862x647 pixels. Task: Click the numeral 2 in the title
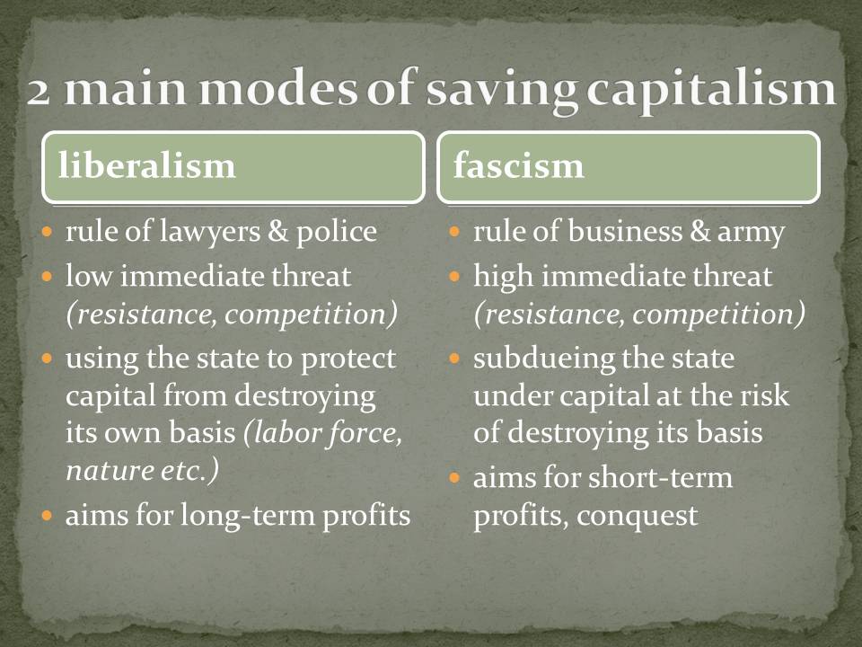[39, 92]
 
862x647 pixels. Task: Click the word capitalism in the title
[711, 90]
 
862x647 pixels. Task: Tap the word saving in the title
[501, 90]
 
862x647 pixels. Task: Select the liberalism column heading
[146, 165]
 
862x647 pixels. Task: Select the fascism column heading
[518, 165]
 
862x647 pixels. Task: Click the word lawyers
[209, 232]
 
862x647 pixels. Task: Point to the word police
[337, 232]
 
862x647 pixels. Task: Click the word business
[625, 231]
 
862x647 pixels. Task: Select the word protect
[348, 359]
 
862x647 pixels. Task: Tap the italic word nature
[109, 471]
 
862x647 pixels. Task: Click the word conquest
[638, 517]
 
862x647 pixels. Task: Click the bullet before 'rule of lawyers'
[48, 231]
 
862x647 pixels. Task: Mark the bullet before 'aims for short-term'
[454, 477]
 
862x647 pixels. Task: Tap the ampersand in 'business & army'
[699, 231]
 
